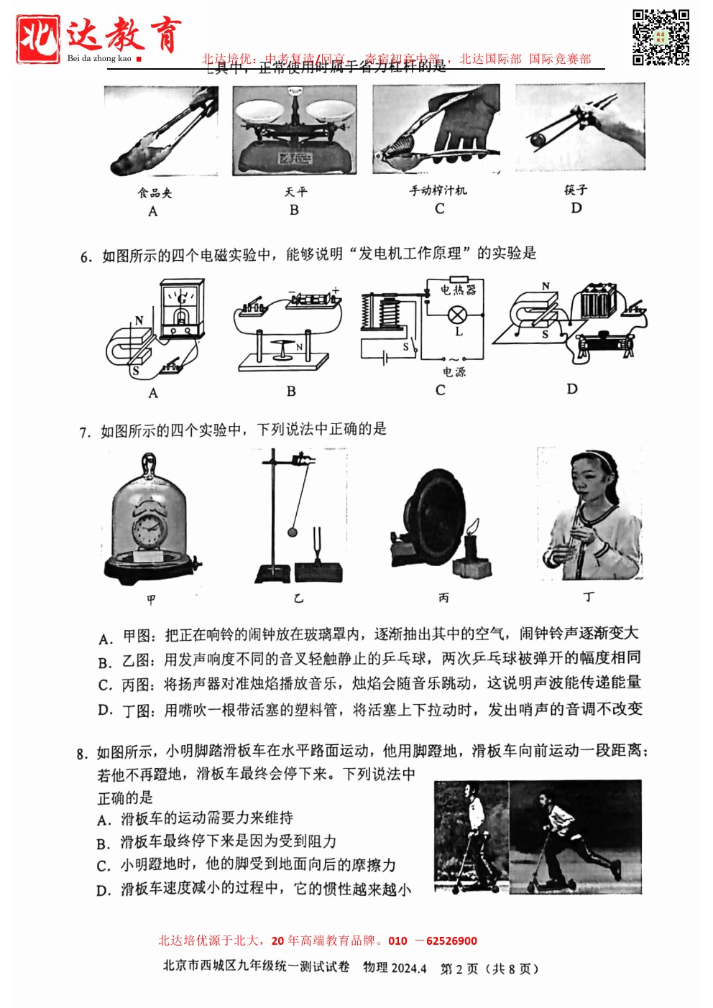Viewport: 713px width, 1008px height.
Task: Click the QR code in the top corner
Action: point(661,37)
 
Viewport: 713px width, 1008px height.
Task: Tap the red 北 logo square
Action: point(38,38)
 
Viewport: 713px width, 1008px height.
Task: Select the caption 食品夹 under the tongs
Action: point(155,193)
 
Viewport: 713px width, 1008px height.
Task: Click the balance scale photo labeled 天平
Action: point(295,130)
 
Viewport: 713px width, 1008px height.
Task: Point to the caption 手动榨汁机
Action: point(438,190)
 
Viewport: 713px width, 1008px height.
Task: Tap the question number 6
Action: point(86,256)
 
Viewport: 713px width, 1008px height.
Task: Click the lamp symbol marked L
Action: point(457,315)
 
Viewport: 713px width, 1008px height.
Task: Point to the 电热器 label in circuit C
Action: point(458,290)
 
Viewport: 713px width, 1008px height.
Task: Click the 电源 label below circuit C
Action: point(454,371)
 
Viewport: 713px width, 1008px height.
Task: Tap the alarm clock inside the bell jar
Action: point(149,529)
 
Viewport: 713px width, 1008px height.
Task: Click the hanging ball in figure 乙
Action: point(293,532)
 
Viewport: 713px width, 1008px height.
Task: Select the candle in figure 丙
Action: point(471,546)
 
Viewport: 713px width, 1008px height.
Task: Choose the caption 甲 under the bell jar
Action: point(151,599)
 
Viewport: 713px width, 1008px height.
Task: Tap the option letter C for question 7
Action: point(105,685)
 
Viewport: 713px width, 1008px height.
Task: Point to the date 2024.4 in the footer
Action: point(408,968)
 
